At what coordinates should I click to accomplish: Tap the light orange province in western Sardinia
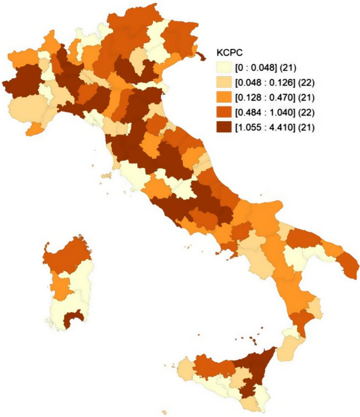pyautogui.click(x=61, y=283)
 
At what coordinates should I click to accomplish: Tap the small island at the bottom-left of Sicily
pyautogui.click(x=165, y=411)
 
